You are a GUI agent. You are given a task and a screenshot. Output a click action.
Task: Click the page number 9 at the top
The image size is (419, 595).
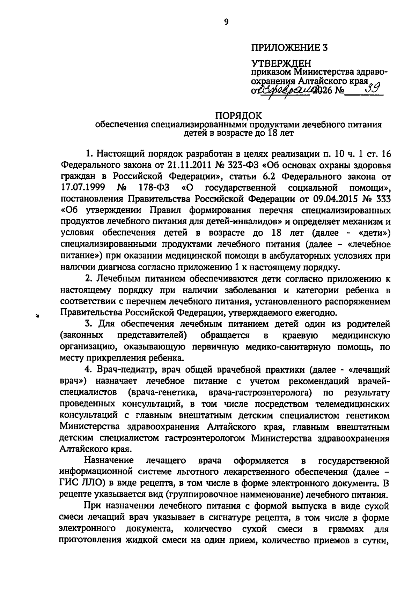coord(226,22)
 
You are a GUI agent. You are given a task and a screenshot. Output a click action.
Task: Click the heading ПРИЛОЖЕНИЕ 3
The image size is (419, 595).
coord(289,47)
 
